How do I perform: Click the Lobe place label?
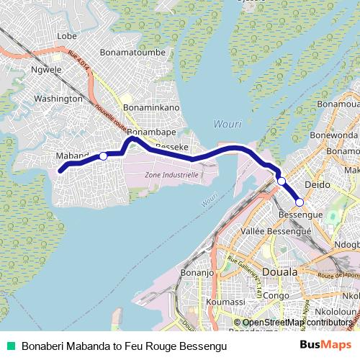tap(66, 36)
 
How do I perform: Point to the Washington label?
tap(58, 98)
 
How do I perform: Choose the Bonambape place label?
tap(153, 133)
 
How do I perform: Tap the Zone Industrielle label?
tap(171, 175)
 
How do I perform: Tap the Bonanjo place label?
tap(197, 273)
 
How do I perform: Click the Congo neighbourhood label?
tap(275, 295)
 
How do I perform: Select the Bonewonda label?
tap(335, 135)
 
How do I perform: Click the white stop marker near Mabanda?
tap(103, 156)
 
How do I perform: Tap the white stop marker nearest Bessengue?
tap(300, 202)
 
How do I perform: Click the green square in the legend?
tap(11, 346)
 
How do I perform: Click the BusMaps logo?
tap(325, 346)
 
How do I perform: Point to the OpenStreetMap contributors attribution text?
tap(296, 323)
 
